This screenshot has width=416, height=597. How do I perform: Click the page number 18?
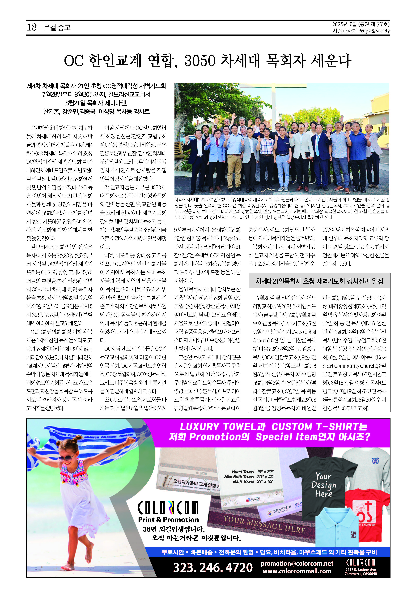coord(32,27)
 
